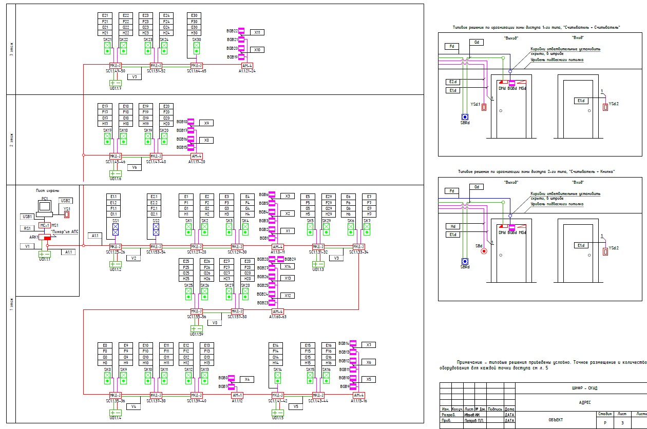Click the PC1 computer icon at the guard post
[45, 206]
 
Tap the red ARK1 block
[47, 238]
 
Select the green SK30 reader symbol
[196, 48]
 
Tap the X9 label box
[206, 123]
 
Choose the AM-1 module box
[237, 396]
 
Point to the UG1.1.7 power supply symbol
[116, 83]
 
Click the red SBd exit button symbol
[483, 251]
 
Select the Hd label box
[453, 226]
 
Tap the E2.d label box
[453, 82]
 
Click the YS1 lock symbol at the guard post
[66, 215]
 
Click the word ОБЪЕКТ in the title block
[556, 419]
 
